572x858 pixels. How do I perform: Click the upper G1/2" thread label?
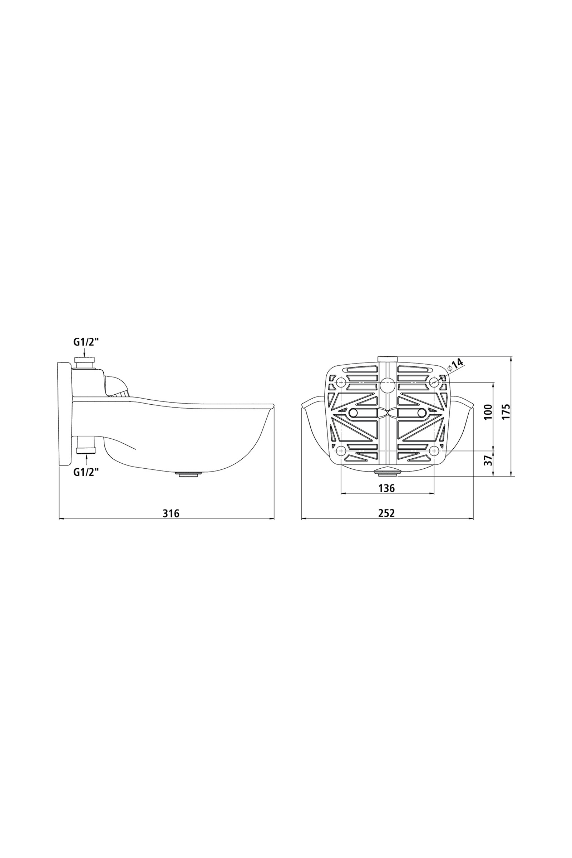[86, 342]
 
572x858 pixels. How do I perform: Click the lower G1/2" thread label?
[86, 472]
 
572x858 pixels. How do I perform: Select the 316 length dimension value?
[171, 514]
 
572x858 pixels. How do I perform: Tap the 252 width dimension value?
[386, 513]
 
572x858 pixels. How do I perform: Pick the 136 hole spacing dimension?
[387, 488]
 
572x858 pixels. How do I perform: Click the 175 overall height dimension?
[506, 412]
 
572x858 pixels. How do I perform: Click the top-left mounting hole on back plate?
[341, 383]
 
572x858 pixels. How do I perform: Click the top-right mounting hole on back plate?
[434, 383]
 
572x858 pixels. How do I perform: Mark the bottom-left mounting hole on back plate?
[341, 450]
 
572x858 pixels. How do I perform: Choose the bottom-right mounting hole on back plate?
[434, 450]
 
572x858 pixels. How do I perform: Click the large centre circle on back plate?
[387, 385]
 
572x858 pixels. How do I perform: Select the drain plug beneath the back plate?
[388, 472]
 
